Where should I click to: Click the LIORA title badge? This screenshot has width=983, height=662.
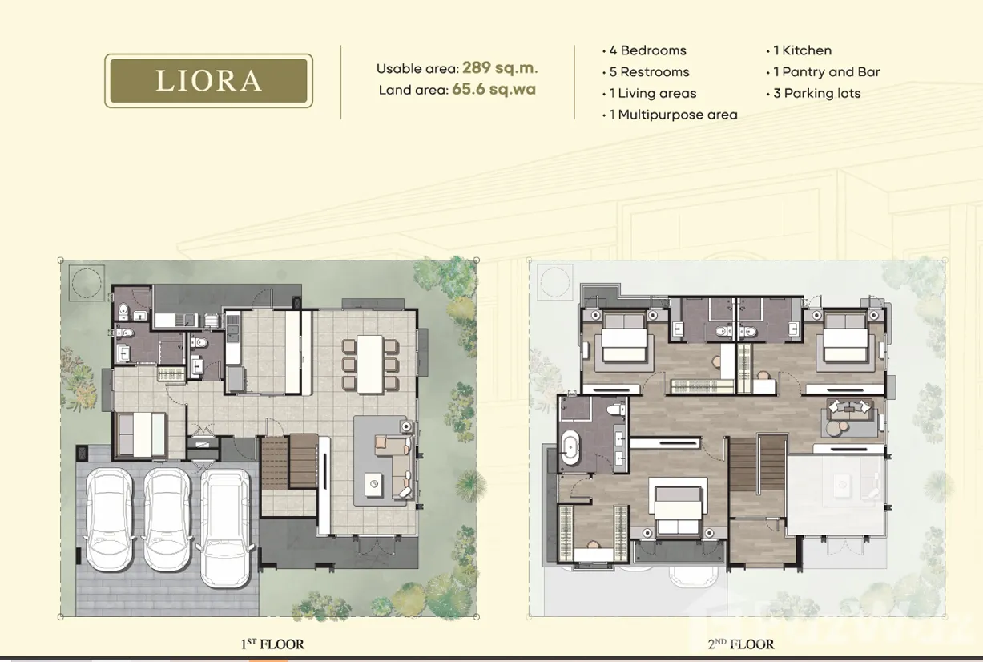[x=208, y=81]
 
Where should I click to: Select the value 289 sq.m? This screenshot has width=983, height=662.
[x=500, y=67]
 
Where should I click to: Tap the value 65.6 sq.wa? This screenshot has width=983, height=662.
[x=494, y=89]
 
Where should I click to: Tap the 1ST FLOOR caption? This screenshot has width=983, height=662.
[x=272, y=644]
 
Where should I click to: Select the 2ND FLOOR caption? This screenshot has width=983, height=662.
[x=741, y=644]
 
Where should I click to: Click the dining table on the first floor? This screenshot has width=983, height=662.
[x=370, y=364]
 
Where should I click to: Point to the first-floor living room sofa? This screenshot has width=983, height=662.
[x=394, y=466]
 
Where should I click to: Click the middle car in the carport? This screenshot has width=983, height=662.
[x=167, y=520]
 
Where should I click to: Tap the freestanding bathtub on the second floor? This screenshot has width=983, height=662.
[x=570, y=453]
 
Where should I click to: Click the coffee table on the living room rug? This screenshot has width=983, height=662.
[x=373, y=484]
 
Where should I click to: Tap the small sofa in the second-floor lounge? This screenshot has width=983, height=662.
[x=849, y=406]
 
